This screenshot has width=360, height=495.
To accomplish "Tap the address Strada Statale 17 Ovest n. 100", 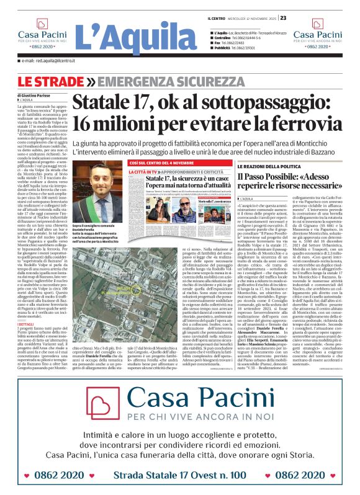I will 179,475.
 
